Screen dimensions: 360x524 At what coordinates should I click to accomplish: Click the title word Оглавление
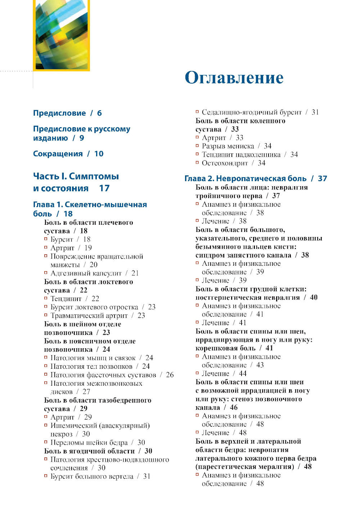234,78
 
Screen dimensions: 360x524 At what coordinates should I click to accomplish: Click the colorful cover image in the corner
61,35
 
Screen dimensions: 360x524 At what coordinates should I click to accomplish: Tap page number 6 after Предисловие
99,113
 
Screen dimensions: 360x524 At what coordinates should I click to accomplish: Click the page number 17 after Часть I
104,188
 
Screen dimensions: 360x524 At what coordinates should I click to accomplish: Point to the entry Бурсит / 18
70,239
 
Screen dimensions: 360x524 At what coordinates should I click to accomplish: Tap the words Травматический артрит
89,315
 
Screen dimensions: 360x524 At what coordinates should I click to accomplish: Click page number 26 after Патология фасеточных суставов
170,375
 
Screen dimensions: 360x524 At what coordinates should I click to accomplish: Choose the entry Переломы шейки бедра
89,443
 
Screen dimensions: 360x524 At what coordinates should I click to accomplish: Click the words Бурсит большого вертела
92,476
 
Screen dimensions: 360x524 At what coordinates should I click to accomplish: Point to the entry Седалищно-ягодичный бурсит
252,112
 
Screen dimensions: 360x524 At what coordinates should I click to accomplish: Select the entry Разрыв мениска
228,146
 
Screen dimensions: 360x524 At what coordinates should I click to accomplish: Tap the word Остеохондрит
225,163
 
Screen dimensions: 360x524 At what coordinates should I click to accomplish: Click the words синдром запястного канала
243,255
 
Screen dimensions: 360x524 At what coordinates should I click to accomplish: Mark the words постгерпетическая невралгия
248,297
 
